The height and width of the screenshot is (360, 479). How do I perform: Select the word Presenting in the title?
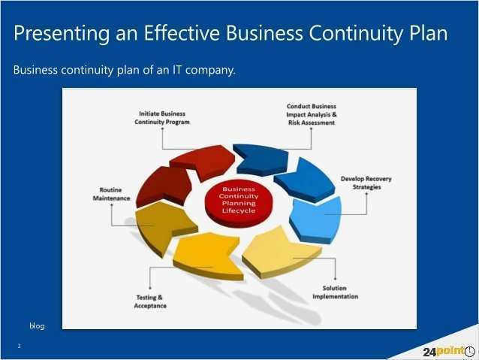click(x=57, y=34)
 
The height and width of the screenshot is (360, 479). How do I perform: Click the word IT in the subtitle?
click(x=179, y=71)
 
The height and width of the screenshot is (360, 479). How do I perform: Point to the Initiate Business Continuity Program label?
click(x=162, y=117)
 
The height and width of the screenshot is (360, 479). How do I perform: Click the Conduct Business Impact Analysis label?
click(x=312, y=114)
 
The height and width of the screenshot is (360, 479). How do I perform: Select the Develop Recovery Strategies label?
click(x=366, y=183)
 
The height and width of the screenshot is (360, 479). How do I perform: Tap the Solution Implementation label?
click(x=335, y=292)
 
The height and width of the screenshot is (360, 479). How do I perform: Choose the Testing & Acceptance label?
click(x=150, y=301)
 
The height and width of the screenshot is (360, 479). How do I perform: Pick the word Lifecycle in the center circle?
click(x=239, y=211)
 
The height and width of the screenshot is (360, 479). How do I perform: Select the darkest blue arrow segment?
click(x=259, y=157)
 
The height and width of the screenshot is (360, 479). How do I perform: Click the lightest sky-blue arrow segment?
click(x=316, y=219)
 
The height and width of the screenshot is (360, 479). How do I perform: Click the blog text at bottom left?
click(x=37, y=325)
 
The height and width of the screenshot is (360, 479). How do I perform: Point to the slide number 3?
click(x=19, y=346)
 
